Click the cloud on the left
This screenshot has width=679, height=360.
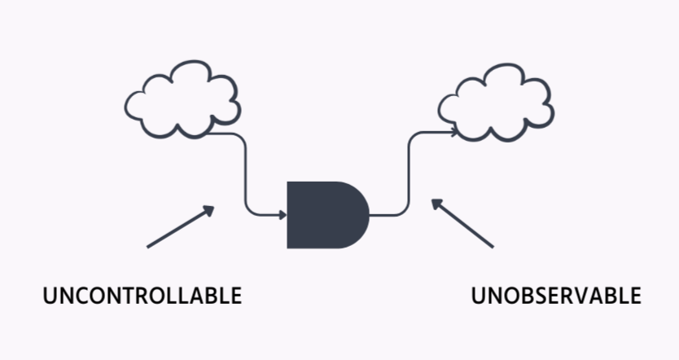[182, 99]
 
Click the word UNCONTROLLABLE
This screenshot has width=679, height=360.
[142, 296]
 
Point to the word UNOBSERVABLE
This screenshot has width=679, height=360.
[556, 296]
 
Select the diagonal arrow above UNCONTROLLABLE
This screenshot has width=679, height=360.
[181, 226]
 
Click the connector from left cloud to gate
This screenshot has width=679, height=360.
[245, 175]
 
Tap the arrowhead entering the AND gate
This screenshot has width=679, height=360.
[283, 215]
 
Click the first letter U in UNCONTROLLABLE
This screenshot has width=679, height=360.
[50, 296]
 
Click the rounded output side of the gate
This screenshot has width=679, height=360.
[358, 215]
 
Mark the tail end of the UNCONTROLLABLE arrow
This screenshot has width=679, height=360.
[149, 245]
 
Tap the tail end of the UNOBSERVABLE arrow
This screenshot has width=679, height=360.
[492, 245]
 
